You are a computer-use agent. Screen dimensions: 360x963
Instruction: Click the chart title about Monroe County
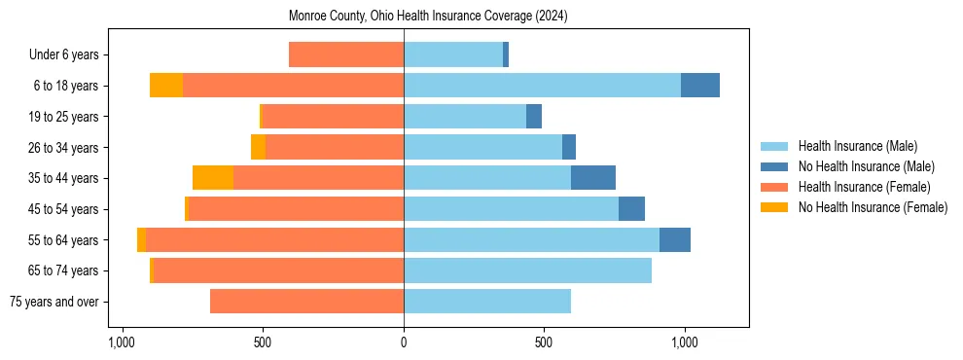tap(428, 17)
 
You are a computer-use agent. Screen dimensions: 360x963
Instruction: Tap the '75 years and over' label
tap(53, 302)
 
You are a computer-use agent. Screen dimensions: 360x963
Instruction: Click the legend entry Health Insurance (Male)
tap(858, 146)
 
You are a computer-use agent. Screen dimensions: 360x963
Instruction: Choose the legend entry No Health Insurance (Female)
tap(873, 207)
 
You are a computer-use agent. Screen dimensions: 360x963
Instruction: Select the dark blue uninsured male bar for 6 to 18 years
tap(700, 86)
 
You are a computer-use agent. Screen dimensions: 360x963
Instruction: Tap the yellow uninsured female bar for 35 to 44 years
tap(213, 178)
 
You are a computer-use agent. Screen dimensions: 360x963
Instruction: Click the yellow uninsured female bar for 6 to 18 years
tap(166, 86)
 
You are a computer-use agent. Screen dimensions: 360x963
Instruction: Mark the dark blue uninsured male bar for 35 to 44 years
tap(593, 178)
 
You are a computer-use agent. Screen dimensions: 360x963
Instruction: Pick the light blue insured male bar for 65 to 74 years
tap(527, 270)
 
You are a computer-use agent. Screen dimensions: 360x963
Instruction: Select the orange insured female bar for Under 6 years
tap(346, 54)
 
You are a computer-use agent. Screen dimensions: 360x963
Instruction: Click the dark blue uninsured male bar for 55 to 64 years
tap(675, 239)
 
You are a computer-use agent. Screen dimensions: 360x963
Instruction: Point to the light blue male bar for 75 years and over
tap(487, 302)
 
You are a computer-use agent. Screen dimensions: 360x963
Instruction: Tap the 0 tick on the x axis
tap(404, 342)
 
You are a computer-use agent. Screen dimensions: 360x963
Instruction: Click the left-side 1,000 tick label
tap(122, 342)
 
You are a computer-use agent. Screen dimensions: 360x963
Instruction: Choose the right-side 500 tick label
tap(544, 342)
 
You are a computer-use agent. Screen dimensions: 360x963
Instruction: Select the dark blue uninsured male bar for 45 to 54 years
tap(631, 209)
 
